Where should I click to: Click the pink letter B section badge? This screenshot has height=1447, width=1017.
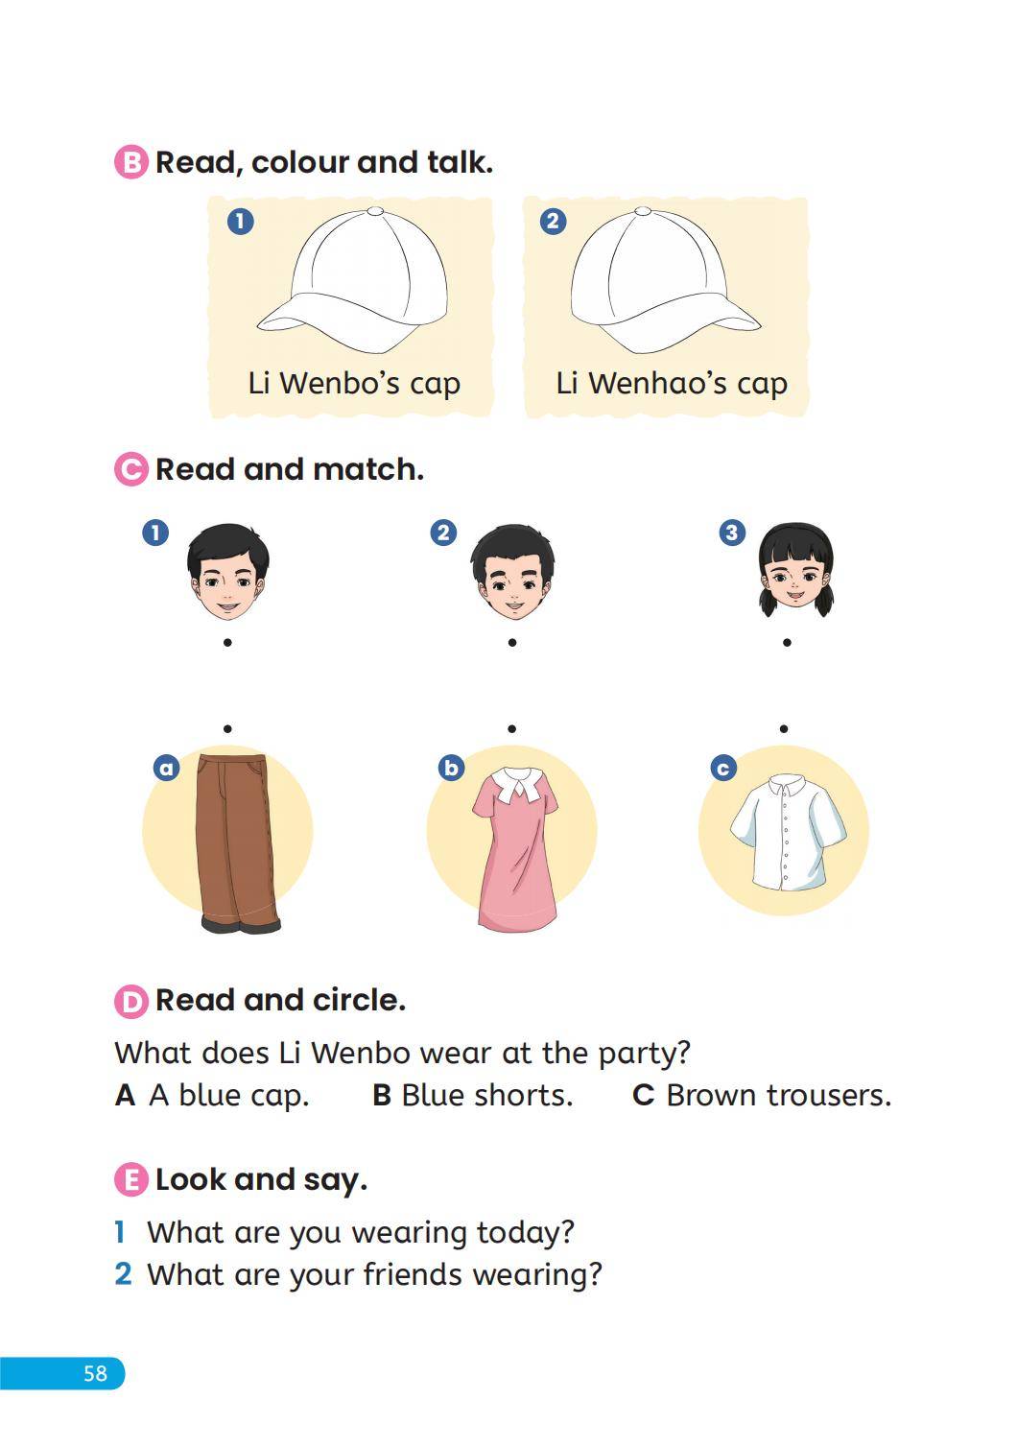tap(131, 162)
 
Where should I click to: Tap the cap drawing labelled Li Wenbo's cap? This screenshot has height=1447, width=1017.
tap(352, 280)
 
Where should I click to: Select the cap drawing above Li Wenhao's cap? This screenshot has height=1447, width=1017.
tap(666, 280)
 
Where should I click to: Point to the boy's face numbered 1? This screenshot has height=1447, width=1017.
tap(228, 572)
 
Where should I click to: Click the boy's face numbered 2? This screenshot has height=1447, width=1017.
tap(512, 572)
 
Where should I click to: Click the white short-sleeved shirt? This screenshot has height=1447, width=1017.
tap(788, 832)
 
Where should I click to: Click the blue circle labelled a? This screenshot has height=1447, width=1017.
tap(167, 768)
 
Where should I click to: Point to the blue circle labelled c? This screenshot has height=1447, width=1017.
tap(723, 768)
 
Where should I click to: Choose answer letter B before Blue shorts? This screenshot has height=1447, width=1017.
tap(382, 1096)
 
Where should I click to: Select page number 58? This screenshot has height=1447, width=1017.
tap(96, 1373)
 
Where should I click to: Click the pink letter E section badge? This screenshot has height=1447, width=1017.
tap(131, 1180)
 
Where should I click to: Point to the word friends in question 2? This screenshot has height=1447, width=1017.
tap(412, 1274)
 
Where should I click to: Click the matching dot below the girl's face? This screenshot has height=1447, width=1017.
tap(787, 643)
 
